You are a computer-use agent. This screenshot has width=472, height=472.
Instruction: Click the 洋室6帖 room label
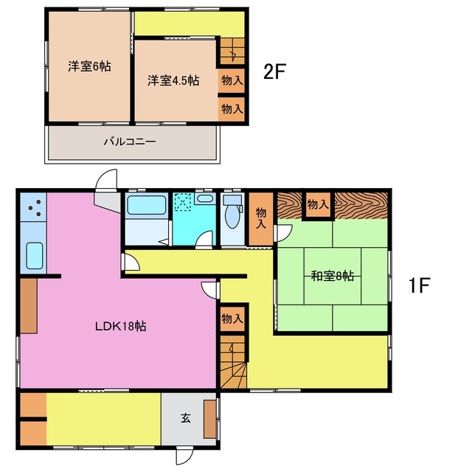point(89,66)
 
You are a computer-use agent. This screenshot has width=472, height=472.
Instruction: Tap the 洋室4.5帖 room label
point(173,80)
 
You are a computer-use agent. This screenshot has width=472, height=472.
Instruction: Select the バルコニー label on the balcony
point(130,141)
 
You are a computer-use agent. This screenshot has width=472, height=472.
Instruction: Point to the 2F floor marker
point(274,72)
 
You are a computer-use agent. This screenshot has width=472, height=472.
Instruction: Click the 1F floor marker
point(420,285)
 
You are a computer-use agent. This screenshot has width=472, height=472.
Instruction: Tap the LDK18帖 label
point(121,326)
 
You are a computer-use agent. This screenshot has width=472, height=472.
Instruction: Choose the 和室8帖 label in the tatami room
point(333,276)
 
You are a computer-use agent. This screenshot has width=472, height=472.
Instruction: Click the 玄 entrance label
point(186,418)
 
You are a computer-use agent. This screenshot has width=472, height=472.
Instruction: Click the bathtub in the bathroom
point(147,205)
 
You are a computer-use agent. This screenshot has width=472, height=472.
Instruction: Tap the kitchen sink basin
point(35,256)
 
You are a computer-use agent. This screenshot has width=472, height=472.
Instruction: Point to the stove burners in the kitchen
point(35,207)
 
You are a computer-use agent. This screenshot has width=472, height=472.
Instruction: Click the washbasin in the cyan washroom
point(205,198)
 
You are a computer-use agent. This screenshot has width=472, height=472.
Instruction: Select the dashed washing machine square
point(183,201)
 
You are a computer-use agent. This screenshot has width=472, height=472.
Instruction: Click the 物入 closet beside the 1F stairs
point(232,319)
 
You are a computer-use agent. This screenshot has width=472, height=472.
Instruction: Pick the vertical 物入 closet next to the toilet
point(261,218)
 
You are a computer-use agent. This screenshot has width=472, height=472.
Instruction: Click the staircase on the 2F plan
point(232,51)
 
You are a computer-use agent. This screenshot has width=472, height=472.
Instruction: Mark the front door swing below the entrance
point(184,455)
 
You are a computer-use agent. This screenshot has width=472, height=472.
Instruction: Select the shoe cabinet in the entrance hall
point(209,419)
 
